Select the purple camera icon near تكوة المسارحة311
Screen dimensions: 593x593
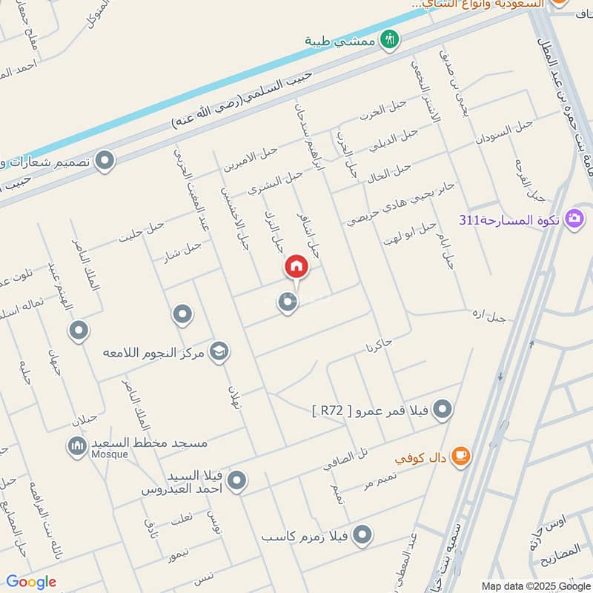pyautogui.click(x=574, y=219)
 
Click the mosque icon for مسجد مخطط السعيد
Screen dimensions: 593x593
pyautogui.click(x=76, y=445)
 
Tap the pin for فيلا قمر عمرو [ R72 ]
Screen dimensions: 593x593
pyautogui.click(x=443, y=409)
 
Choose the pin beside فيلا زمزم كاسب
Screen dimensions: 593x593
pyautogui.click(x=362, y=534)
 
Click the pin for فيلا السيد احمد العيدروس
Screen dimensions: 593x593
pyautogui.click(x=237, y=482)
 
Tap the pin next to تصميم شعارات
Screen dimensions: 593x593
pyautogui.click(x=106, y=160)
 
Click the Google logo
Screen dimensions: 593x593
pyautogui.click(x=31, y=582)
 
